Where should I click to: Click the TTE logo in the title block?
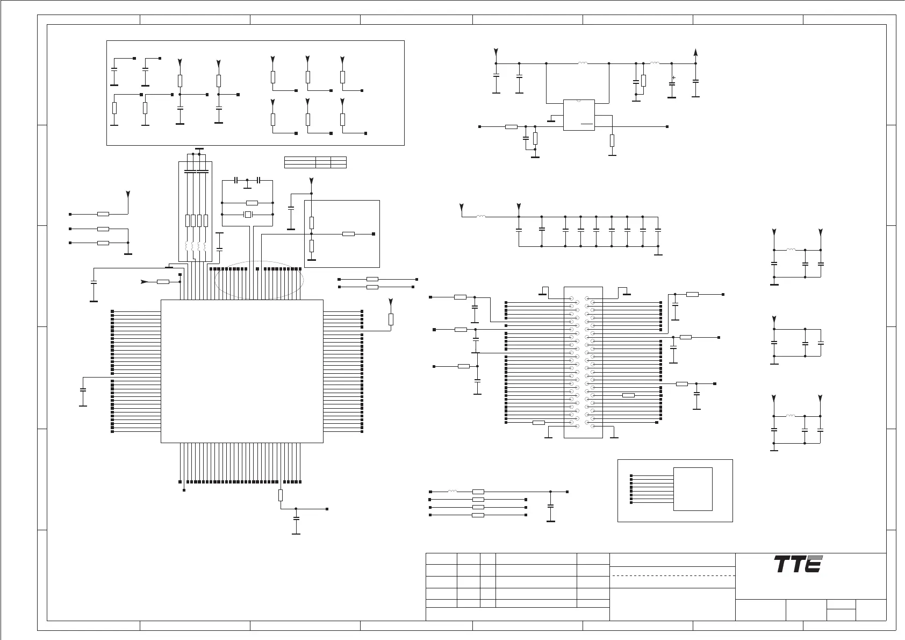tap(798, 564)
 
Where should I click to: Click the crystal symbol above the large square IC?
tap(248, 215)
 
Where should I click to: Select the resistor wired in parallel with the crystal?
tap(252, 203)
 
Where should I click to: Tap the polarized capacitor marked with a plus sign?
tap(672, 83)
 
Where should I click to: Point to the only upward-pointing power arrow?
tap(695, 52)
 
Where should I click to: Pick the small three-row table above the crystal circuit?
tap(315, 162)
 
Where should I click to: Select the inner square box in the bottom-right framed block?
tap(693, 489)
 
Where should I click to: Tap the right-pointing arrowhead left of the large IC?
tap(143, 281)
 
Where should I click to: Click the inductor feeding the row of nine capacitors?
tap(481, 217)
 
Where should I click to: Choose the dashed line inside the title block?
tap(673, 575)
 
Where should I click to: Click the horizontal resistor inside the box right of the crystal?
tap(349, 234)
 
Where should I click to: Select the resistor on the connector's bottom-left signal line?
tap(538, 423)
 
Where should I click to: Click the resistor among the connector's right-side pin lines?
tap(628, 395)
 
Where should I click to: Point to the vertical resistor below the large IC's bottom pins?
tap(281, 495)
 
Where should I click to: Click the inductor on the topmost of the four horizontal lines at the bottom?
tap(452, 492)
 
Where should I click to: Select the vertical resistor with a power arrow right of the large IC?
tap(391, 319)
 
